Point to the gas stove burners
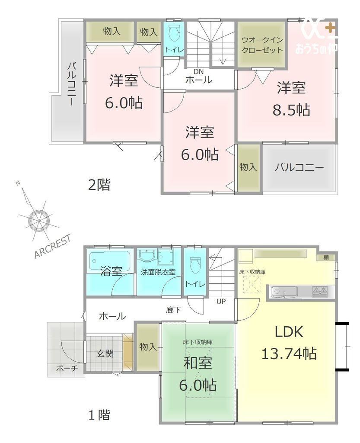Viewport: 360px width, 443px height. [320, 291]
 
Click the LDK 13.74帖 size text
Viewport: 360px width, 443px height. [289, 354]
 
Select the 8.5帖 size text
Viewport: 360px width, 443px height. [291, 110]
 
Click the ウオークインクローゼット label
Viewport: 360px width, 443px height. [262, 45]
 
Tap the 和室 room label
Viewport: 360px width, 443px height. [198, 363]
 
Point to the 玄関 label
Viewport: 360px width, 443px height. [105, 353]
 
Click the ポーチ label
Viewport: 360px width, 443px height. [67, 369]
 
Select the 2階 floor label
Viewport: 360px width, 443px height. [99, 185]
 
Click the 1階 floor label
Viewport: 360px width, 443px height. [99, 415]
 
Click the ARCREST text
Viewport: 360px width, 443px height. [52, 246]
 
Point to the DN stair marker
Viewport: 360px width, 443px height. [199, 72]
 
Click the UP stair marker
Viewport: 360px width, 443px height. [221, 301]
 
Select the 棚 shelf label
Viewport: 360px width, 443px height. [326, 257]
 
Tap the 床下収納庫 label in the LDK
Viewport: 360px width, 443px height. [252, 272]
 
